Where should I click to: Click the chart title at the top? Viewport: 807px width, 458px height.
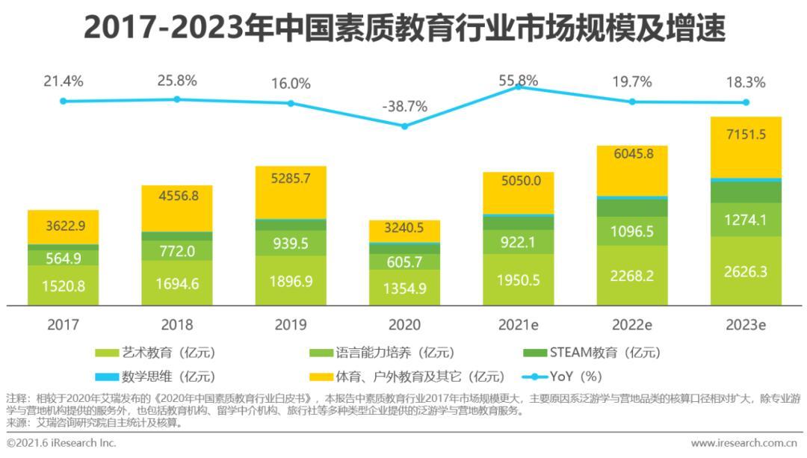pyautogui.click(x=403, y=28)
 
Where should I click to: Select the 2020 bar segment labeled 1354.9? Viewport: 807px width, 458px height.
pyautogui.click(x=404, y=288)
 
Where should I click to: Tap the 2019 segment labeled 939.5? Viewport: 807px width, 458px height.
pyautogui.click(x=291, y=244)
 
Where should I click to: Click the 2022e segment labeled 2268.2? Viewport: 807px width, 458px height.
pyautogui.click(x=631, y=275)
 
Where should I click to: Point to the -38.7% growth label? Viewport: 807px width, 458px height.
pyautogui.click(x=404, y=107)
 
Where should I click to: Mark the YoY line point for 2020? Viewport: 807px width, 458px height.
pyautogui.click(x=404, y=126)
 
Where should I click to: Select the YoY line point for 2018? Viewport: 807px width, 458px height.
pyautogui.click(x=177, y=99)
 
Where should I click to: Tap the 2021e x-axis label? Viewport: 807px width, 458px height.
pyautogui.click(x=518, y=325)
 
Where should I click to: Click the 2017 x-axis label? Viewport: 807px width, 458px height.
pyautogui.click(x=63, y=325)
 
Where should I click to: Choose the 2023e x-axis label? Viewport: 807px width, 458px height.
pyautogui.click(x=745, y=325)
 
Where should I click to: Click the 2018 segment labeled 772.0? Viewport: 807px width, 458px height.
pyautogui.click(x=177, y=251)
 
